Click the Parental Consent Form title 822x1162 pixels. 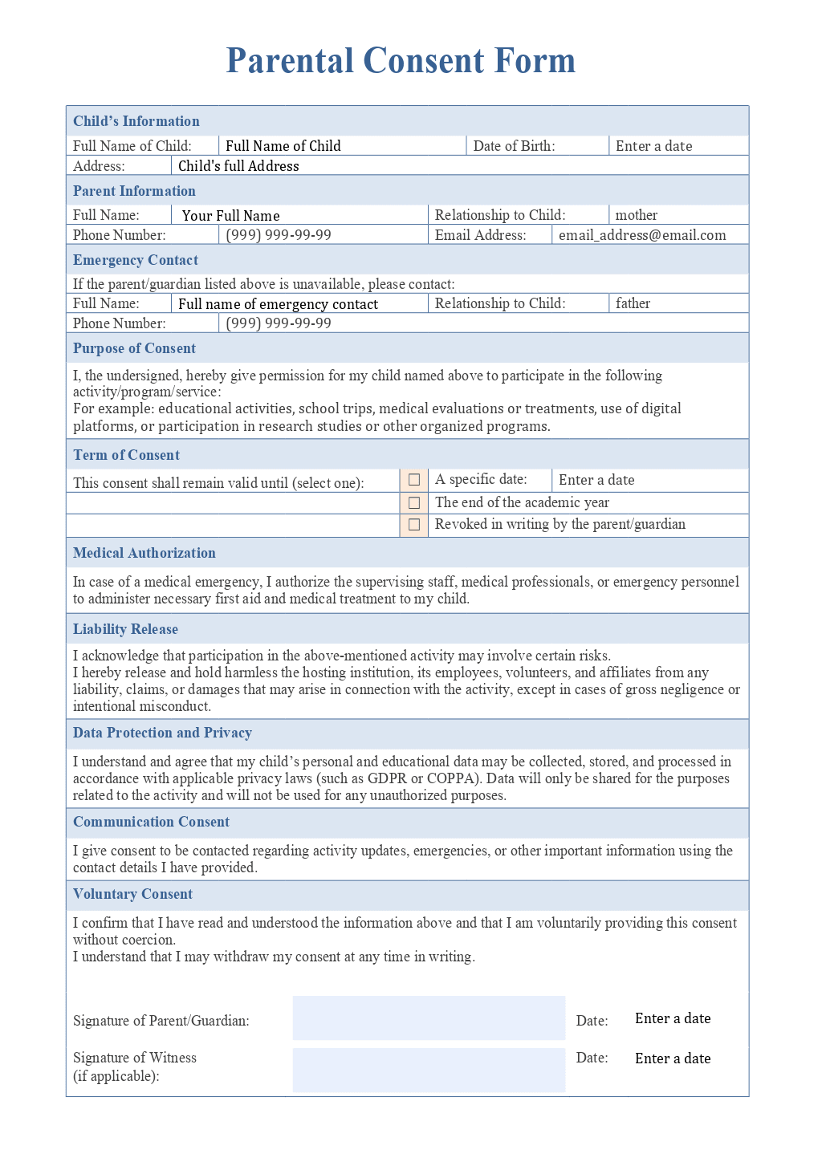[401, 61]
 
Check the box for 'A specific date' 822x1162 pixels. [414, 480]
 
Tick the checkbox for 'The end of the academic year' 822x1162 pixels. [414, 502]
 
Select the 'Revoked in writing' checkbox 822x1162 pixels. [414, 525]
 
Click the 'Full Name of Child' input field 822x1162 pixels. [283, 146]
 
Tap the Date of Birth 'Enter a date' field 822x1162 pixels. [653, 146]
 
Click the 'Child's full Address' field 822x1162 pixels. [238, 166]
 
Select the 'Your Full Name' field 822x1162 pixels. [231, 216]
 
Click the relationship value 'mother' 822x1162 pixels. [636, 215]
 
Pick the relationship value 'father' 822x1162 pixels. [633, 303]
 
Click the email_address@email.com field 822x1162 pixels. [642, 235]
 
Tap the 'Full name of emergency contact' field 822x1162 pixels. [278, 304]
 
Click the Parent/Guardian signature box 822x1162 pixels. [429, 1018]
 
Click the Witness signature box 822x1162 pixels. [429, 1070]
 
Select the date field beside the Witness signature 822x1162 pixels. [673, 1058]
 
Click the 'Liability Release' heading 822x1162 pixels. [125, 629]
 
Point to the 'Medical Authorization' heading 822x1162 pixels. [144, 553]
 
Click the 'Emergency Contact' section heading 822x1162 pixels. [136, 260]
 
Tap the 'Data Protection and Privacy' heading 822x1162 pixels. [162, 733]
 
